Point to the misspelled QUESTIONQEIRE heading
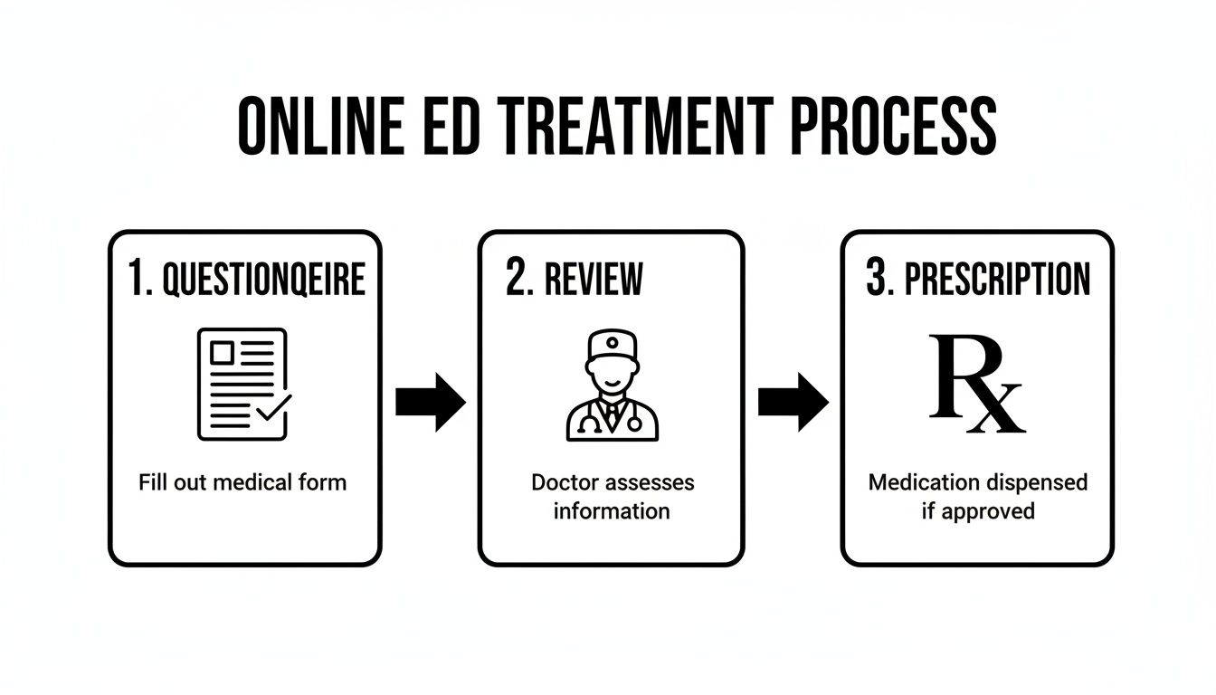click(x=263, y=281)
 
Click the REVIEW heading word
click(x=594, y=281)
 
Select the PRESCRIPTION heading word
click(x=998, y=281)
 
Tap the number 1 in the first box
click(x=136, y=281)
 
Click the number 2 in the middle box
click(x=518, y=281)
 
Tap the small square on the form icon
click(x=222, y=353)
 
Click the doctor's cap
click(x=611, y=346)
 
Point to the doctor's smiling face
click(x=611, y=375)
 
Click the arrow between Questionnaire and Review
click(x=430, y=401)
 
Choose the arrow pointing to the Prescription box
click(x=793, y=401)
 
